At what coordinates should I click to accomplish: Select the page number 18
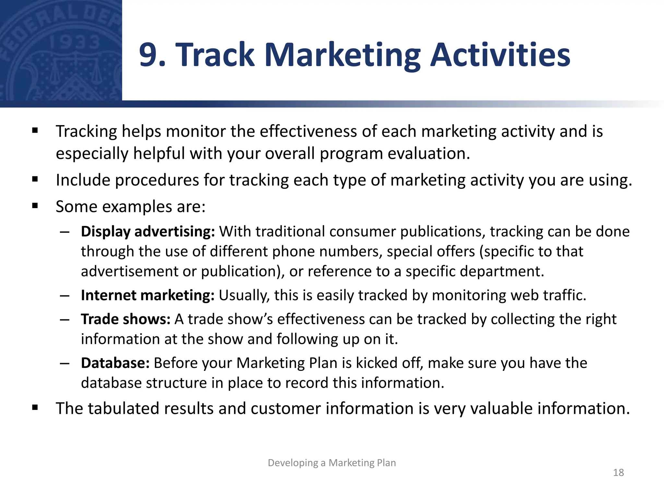coord(618,472)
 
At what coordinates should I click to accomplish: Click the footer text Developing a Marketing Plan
coord(332,463)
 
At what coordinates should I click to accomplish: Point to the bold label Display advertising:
coord(148,232)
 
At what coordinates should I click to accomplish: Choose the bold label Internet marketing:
coord(148,295)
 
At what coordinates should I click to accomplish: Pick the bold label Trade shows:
coord(125,319)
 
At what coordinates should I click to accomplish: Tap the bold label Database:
coord(115,363)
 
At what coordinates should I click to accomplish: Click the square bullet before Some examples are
coord(35,206)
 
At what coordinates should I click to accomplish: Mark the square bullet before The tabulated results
coord(35,408)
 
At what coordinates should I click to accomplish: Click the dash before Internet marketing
coord(65,296)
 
